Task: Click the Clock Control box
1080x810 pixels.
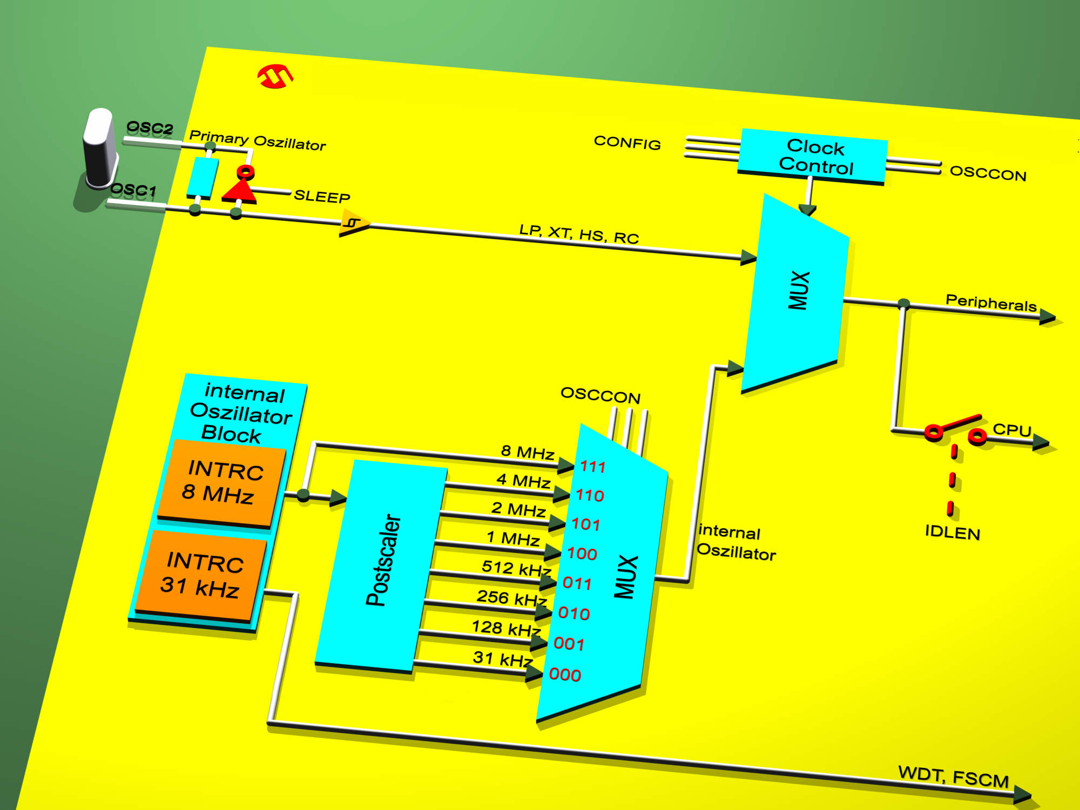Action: coord(812,157)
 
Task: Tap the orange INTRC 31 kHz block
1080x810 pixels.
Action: coord(201,575)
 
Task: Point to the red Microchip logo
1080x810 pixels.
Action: coord(275,76)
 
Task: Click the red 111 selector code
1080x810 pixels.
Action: coord(593,467)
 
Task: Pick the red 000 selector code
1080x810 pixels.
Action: coord(565,674)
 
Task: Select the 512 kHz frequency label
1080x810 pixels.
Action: coord(516,568)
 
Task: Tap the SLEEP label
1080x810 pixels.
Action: coord(322,196)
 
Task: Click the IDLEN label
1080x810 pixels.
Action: coord(953,532)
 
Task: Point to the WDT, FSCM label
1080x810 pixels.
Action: coord(954,777)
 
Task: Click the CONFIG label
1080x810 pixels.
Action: coord(627,143)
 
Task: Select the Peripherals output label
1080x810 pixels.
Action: coord(991,303)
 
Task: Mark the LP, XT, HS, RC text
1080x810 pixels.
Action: coord(579,234)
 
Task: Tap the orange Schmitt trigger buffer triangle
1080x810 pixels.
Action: coord(354,223)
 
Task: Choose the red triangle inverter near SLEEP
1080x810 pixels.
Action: coord(240,191)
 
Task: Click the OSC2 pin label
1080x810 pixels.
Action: coord(150,129)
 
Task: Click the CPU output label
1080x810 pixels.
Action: coord(1012,430)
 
